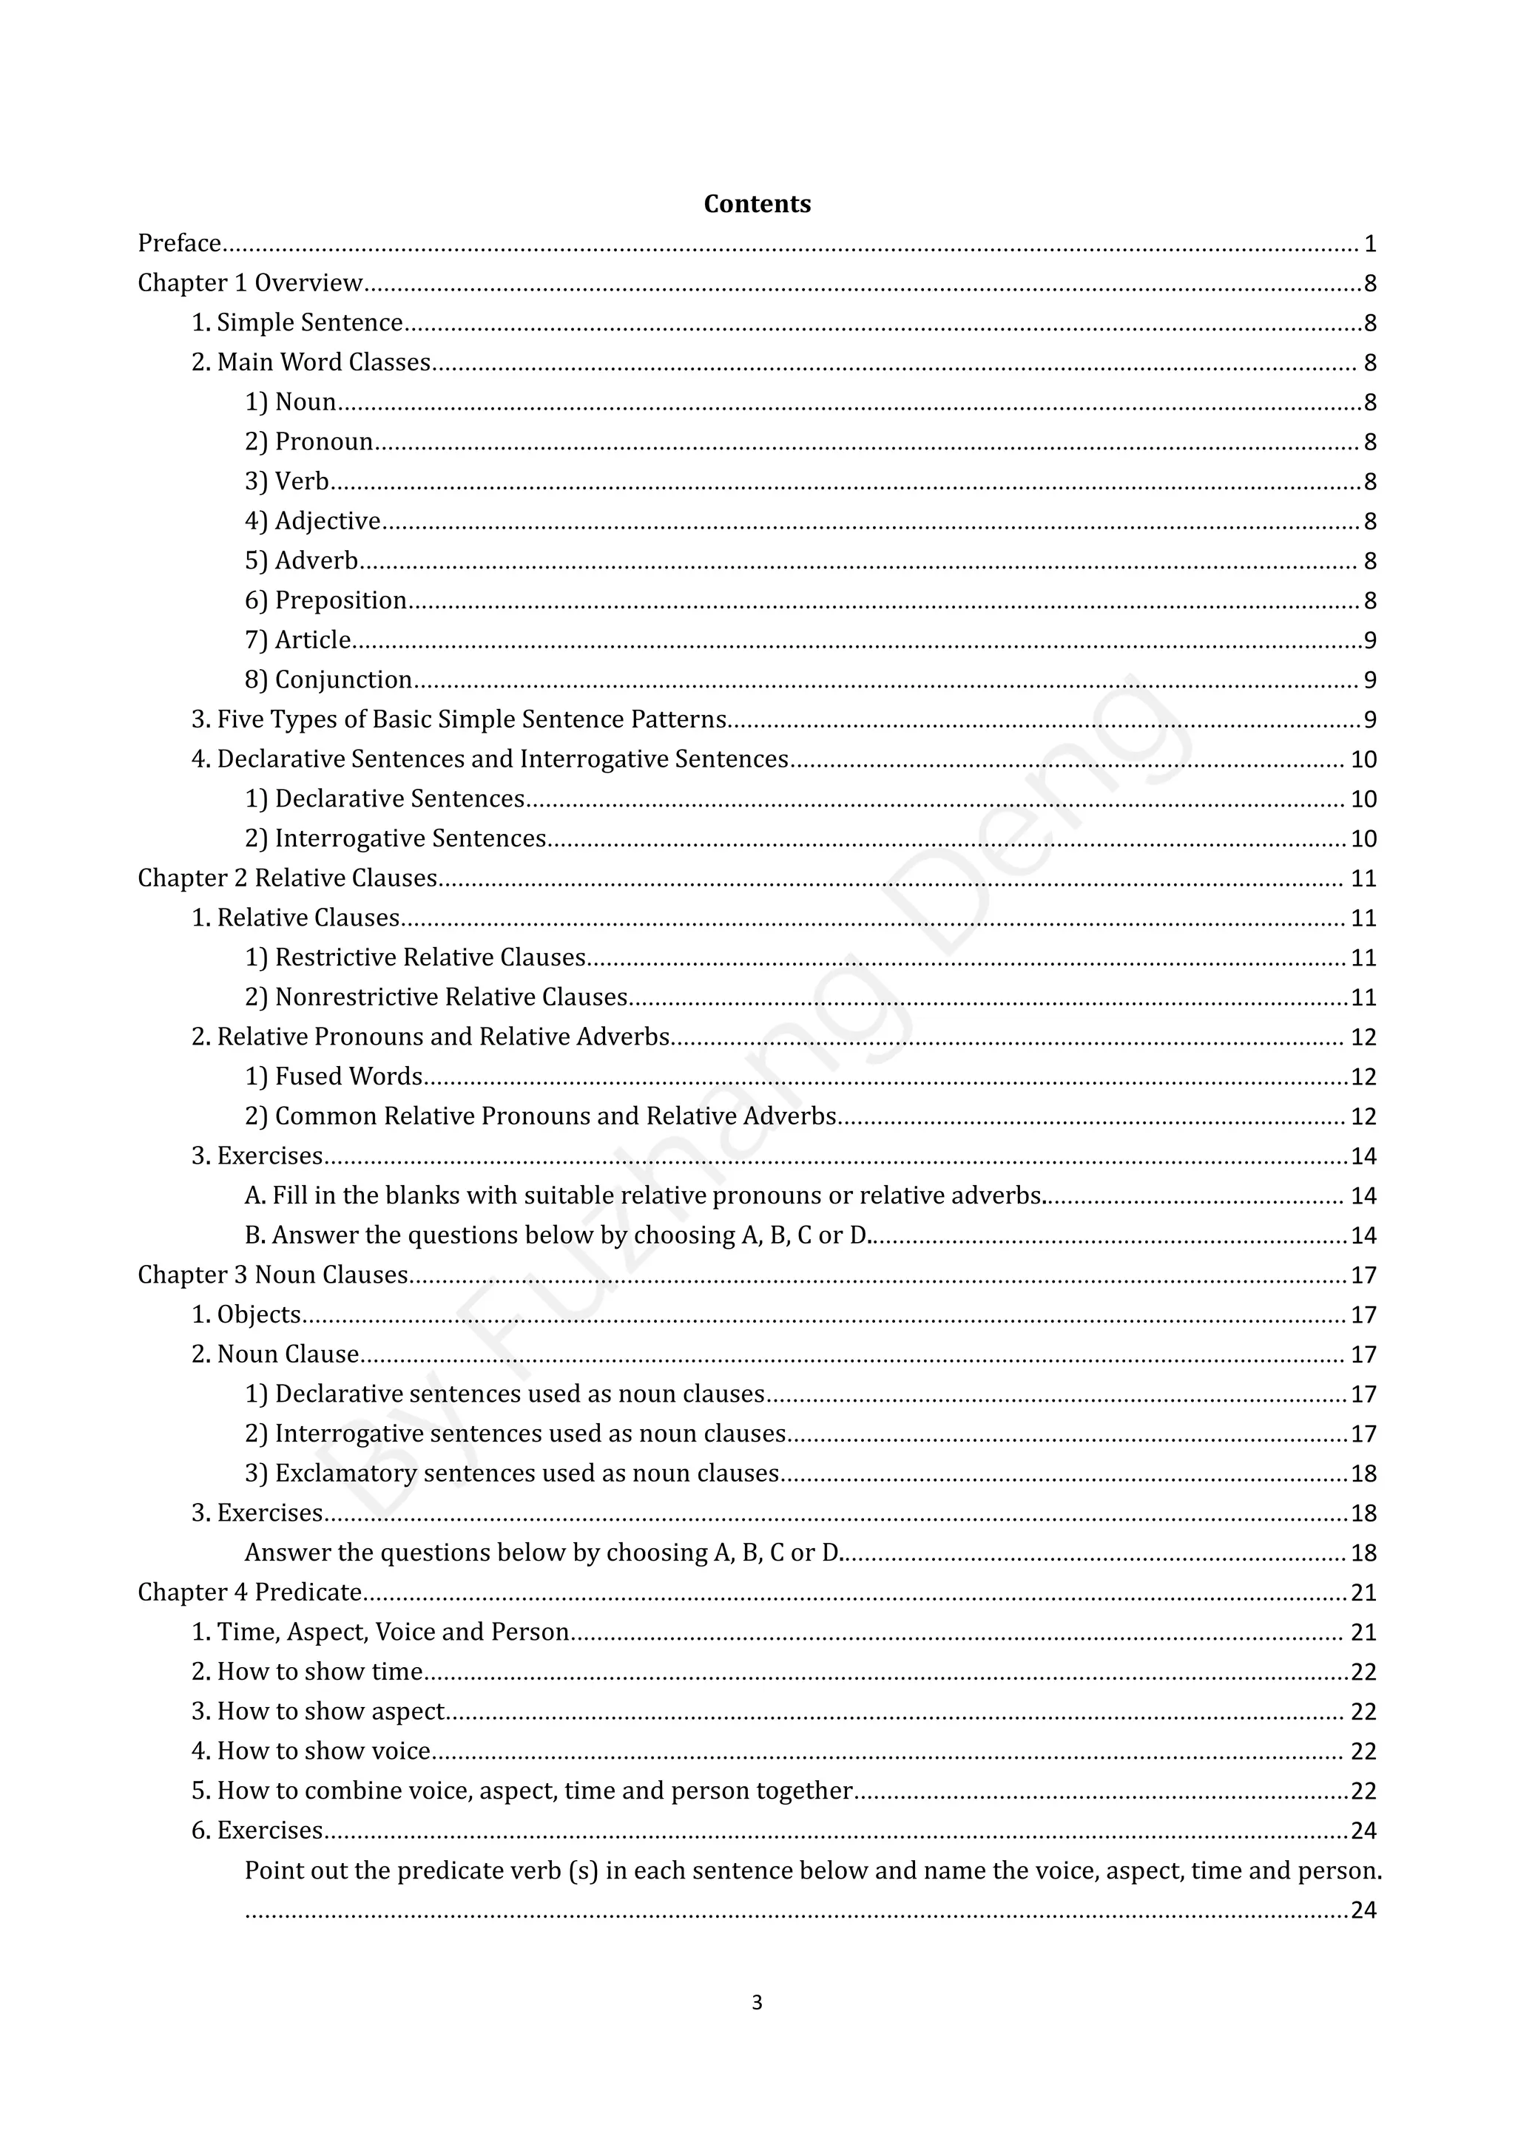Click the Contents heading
757,204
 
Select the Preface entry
179,243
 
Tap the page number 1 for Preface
1369,244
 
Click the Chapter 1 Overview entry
250,283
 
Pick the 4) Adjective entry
312,521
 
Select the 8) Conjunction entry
328,680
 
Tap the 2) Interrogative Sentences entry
394,838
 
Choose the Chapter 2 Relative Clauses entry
287,878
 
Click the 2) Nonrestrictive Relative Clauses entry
436,998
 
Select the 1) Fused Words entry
333,1077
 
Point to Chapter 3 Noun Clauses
272,1275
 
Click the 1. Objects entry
246,1314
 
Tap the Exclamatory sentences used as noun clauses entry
511,1473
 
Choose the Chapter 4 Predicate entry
249,1592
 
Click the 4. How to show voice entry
311,1751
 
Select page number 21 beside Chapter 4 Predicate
1363,1592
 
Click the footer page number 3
757,2003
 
